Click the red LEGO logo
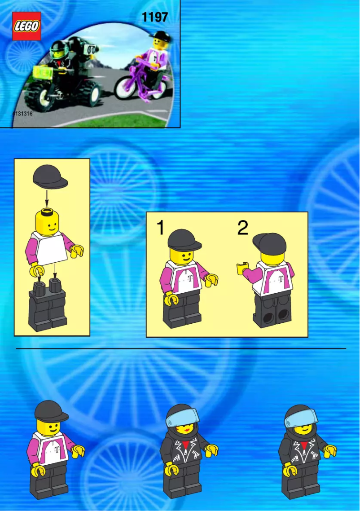26,26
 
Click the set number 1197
154,17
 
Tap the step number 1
160,228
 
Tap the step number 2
242,228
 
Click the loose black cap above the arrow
50,176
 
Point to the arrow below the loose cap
47,198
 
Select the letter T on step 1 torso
191,278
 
